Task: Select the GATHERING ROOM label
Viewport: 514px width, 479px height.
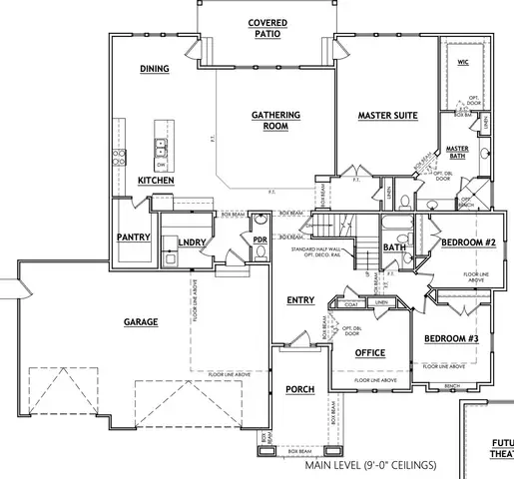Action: click(x=268, y=121)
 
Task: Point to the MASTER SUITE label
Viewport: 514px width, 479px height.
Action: click(x=387, y=116)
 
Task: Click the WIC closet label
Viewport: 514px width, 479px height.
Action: click(x=463, y=62)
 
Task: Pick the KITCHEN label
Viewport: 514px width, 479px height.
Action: click(x=156, y=181)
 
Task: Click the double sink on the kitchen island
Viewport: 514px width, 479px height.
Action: click(x=160, y=149)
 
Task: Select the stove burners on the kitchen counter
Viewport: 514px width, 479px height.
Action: click(x=118, y=156)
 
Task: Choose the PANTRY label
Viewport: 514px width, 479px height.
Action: click(x=133, y=239)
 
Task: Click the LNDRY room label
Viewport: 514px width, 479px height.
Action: click(x=192, y=242)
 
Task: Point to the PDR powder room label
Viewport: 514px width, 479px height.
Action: click(x=259, y=240)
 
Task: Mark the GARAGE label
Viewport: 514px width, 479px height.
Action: click(x=143, y=322)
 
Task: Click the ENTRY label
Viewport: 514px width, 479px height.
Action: click(x=300, y=300)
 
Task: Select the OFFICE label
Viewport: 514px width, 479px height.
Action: click(x=370, y=352)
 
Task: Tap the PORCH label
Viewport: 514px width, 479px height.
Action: click(x=300, y=389)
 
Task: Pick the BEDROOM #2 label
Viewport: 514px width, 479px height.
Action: click(x=468, y=242)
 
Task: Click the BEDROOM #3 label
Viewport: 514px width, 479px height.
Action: click(x=452, y=338)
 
